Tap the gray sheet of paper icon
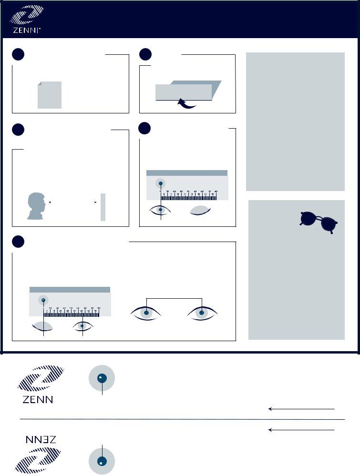(50, 95)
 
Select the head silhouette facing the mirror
(36, 206)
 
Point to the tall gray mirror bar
(103, 207)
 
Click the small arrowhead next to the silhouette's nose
(50, 203)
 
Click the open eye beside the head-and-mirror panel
(161, 210)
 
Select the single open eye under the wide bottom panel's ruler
(83, 326)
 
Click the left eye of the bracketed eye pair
(146, 313)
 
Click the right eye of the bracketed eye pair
(203, 313)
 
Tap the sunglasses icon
(319, 222)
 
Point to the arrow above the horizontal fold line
(301, 409)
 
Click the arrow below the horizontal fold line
(301, 430)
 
